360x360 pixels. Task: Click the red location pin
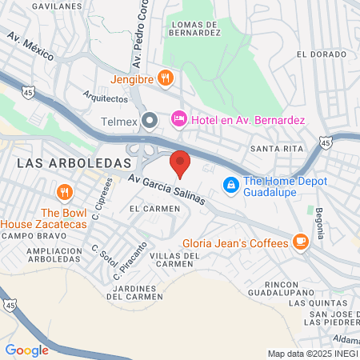coord(181,162)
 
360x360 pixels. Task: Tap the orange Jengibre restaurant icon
coord(166,78)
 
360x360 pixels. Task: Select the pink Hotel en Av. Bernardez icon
coord(179,119)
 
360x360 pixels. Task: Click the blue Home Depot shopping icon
coord(231,185)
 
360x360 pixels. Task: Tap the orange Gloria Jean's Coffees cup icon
coord(301,240)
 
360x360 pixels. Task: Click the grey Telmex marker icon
coord(150,121)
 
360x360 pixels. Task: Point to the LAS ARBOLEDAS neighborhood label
coord(73,162)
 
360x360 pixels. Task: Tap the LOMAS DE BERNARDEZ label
coord(196,30)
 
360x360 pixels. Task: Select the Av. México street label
coord(30,46)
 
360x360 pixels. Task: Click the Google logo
coord(26,350)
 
